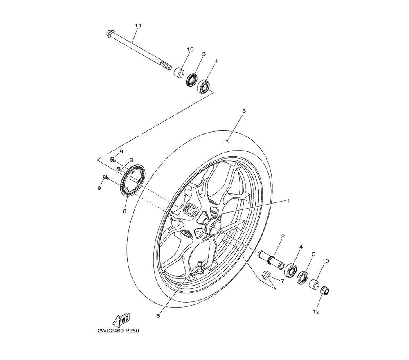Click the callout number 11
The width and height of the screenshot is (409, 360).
pyautogui.click(x=138, y=26)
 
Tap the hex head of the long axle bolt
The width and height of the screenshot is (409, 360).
pyautogui.click(x=110, y=32)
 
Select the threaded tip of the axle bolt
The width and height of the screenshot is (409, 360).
pyautogui.click(x=166, y=65)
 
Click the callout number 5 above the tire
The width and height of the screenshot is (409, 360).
pyautogui.click(x=244, y=111)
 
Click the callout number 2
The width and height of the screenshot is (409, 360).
pyautogui.click(x=283, y=237)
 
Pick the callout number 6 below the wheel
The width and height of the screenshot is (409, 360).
pyautogui.click(x=158, y=315)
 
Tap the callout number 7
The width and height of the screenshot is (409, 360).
pyautogui.click(x=282, y=281)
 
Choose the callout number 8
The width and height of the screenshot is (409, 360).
pyautogui.click(x=124, y=211)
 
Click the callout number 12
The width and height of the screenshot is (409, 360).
pyautogui.click(x=316, y=312)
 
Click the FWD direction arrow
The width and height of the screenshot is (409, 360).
pyautogui.click(x=121, y=319)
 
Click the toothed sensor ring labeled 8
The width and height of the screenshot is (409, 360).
pyautogui.click(x=132, y=180)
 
